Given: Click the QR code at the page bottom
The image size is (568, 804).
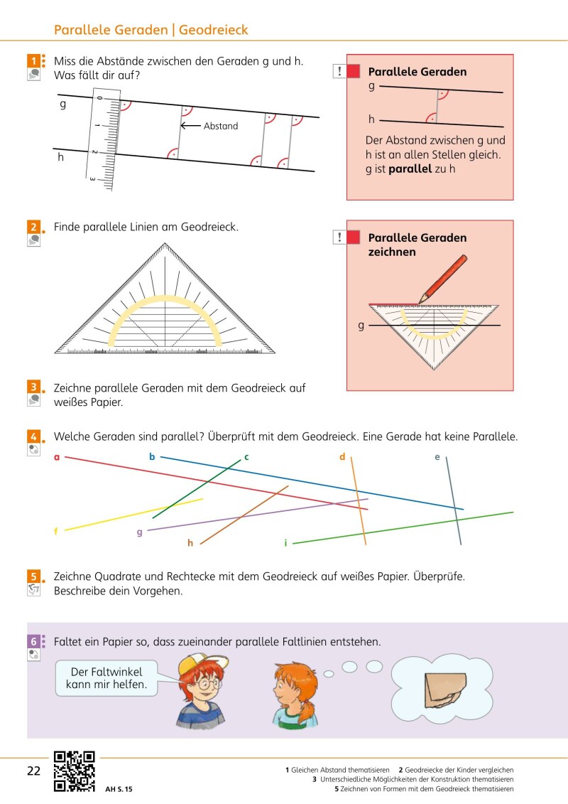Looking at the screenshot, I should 75,771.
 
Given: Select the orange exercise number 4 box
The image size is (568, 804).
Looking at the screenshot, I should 33,436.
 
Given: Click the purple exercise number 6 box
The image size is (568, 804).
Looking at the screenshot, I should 33,641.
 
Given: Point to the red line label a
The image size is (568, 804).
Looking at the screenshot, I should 57,457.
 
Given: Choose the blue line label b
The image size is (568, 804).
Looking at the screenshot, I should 152,457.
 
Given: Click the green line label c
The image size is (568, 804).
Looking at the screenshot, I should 246,457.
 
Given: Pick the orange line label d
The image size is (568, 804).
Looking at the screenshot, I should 342,457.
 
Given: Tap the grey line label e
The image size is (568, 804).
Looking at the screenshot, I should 437,457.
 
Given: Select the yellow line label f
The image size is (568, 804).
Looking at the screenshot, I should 56,531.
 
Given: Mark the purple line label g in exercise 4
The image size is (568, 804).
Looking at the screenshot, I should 140,532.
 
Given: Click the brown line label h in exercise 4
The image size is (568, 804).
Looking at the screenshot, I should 190,543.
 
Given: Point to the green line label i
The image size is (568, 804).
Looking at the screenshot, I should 285,543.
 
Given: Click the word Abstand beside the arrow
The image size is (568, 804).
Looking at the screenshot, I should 221,126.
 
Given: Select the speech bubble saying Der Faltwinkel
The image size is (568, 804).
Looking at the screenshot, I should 106,678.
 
